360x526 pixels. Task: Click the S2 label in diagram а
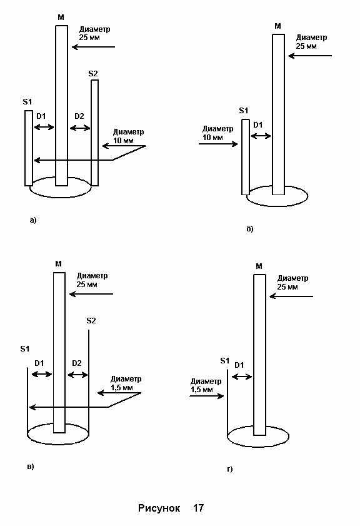point(93,73)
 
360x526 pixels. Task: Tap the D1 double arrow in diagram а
point(44,127)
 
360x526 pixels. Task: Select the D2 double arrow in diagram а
point(80,128)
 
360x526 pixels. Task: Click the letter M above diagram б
point(277,26)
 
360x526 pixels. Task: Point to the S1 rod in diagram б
point(246,157)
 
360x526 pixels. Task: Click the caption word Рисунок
point(159,508)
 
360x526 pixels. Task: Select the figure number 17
point(198,508)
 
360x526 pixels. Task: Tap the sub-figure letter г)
point(229,469)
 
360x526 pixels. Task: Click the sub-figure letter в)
point(31,467)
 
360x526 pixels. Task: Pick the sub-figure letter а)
point(33,220)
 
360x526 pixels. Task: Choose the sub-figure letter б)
point(250,229)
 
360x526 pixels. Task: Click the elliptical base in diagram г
point(258,447)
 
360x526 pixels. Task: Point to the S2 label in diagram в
point(91,321)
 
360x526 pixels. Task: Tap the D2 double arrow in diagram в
point(77,375)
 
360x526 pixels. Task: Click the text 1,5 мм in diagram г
point(202,390)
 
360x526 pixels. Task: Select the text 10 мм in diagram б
point(212,138)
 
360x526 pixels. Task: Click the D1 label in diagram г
point(239,365)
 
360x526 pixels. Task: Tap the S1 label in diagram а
point(27,102)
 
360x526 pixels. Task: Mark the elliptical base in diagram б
point(277,206)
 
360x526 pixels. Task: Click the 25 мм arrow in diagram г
point(291,296)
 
